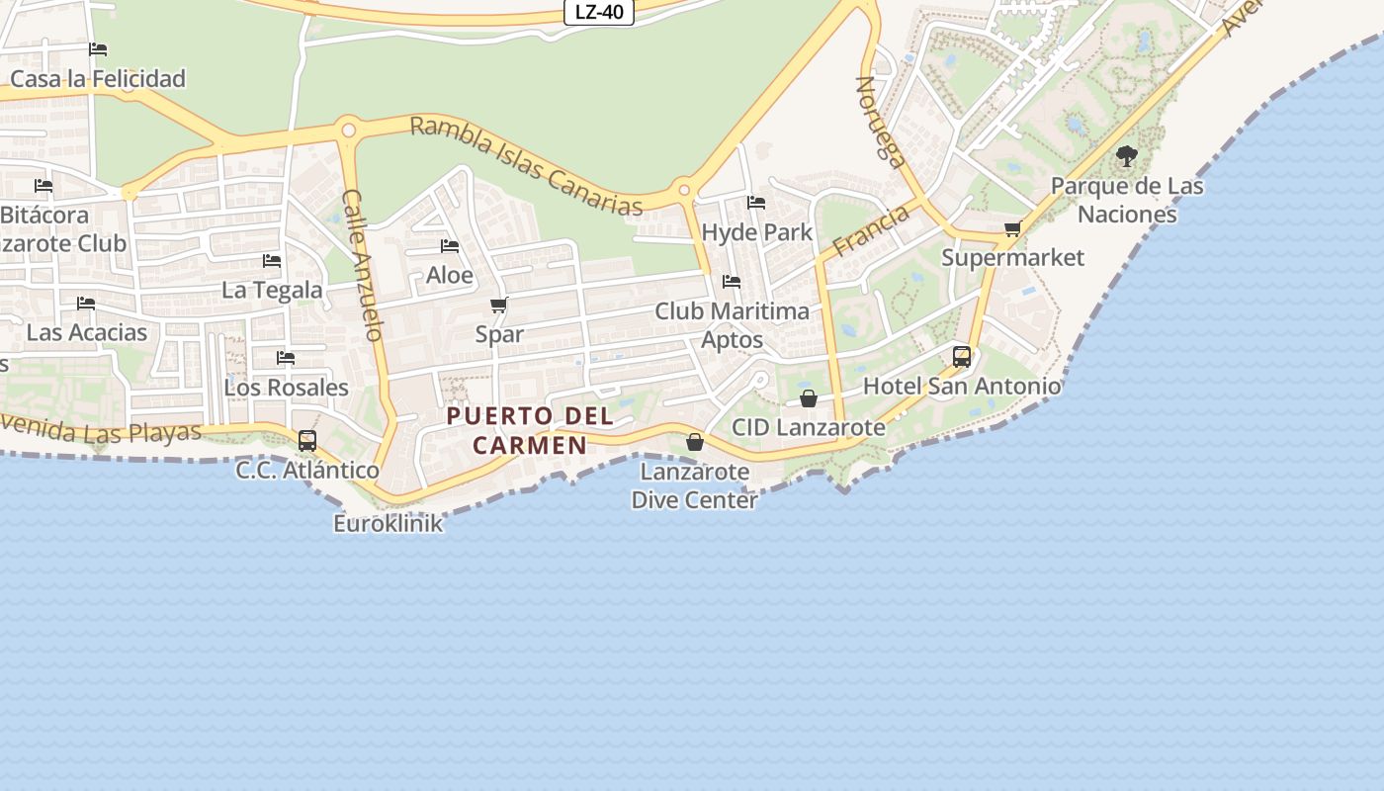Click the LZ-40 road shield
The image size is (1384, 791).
click(x=598, y=13)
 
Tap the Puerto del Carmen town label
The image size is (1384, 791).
click(x=530, y=430)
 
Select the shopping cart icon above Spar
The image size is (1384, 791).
click(x=499, y=305)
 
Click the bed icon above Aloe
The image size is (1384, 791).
click(x=450, y=246)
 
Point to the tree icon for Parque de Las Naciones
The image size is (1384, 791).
click(x=1126, y=156)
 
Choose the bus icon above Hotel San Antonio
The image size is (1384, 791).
click(x=962, y=357)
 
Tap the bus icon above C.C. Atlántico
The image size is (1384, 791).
click(x=307, y=441)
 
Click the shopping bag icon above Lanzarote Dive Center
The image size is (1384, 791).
click(x=695, y=442)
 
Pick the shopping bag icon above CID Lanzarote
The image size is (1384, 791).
click(x=809, y=398)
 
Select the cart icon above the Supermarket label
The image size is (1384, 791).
click(x=1012, y=229)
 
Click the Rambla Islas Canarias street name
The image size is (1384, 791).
click(x=526, y=165)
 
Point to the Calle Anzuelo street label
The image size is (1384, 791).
click(x=362, y=265)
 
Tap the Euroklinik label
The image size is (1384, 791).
click(x=388, y=524)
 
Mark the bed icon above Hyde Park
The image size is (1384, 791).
click(x=756, y=203)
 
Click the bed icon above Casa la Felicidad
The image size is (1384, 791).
click(x=98, y=48)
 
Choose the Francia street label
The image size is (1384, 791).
click(x=871, y=230)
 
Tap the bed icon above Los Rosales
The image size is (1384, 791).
click(x=286, y=358)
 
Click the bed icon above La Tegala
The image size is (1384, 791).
click(x=272, y=261)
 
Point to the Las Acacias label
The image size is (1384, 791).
click(x=87, y=332)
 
